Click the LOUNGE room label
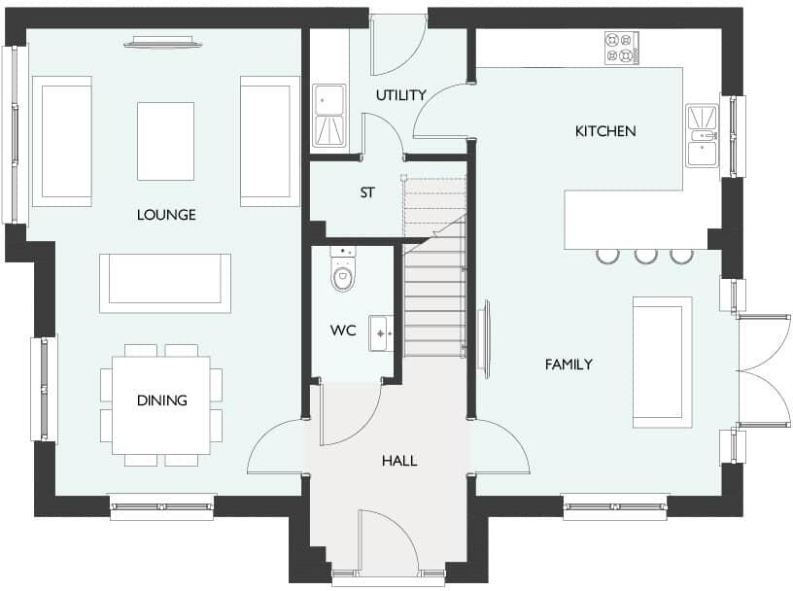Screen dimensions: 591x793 165,215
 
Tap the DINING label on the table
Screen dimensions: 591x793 161,400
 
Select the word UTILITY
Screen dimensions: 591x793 400,95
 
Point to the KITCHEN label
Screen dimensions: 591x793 604,131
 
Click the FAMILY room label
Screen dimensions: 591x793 569,365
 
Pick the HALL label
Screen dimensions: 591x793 398,461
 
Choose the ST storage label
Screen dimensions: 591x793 367,193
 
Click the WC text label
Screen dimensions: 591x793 343,331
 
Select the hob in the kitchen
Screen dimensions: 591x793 622,48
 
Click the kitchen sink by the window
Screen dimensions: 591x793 701,136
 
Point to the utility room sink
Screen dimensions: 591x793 328,116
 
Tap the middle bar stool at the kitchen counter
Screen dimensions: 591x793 645,256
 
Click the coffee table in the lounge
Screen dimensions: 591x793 165,141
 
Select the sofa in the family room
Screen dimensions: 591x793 662,362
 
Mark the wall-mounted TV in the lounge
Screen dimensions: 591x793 163,41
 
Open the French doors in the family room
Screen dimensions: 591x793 764,369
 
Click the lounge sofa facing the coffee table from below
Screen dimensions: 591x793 165,283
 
